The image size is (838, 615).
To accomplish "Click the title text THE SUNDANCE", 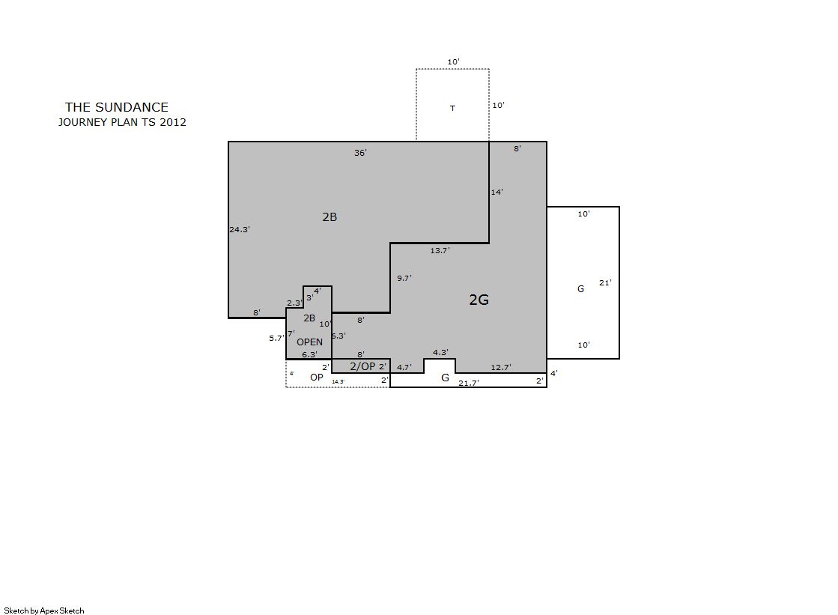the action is click(117, 107).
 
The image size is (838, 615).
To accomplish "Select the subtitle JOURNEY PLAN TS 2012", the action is click(122, 122).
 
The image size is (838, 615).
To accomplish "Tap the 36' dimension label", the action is click(360, 153).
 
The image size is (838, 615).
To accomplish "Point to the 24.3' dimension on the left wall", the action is click(240, 229).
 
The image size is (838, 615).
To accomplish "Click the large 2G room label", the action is click(479, 300).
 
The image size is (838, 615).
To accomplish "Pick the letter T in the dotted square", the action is click(452, 108).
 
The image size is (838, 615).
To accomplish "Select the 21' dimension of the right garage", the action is click(605, 283).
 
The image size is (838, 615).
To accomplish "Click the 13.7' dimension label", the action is click(440, 250).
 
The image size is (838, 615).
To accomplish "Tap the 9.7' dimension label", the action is click(404, 278).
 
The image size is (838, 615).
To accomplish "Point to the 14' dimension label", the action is click(497, 192).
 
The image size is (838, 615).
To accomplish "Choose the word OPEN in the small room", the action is click(309, 342).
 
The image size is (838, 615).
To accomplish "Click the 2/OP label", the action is click(362, 366).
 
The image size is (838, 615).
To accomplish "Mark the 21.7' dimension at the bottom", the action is click(469, 383).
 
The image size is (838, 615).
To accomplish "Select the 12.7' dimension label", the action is click(501, 367).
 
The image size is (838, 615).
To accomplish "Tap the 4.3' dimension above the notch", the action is click(440, 352).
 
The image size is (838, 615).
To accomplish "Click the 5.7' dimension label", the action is click(276, 338).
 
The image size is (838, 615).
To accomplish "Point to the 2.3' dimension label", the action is click(294, 303).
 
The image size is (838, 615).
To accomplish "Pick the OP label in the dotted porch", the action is click(316, 378).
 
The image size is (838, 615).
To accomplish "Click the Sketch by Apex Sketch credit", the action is click(44, 611).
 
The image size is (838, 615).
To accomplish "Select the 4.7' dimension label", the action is click(404, 367).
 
